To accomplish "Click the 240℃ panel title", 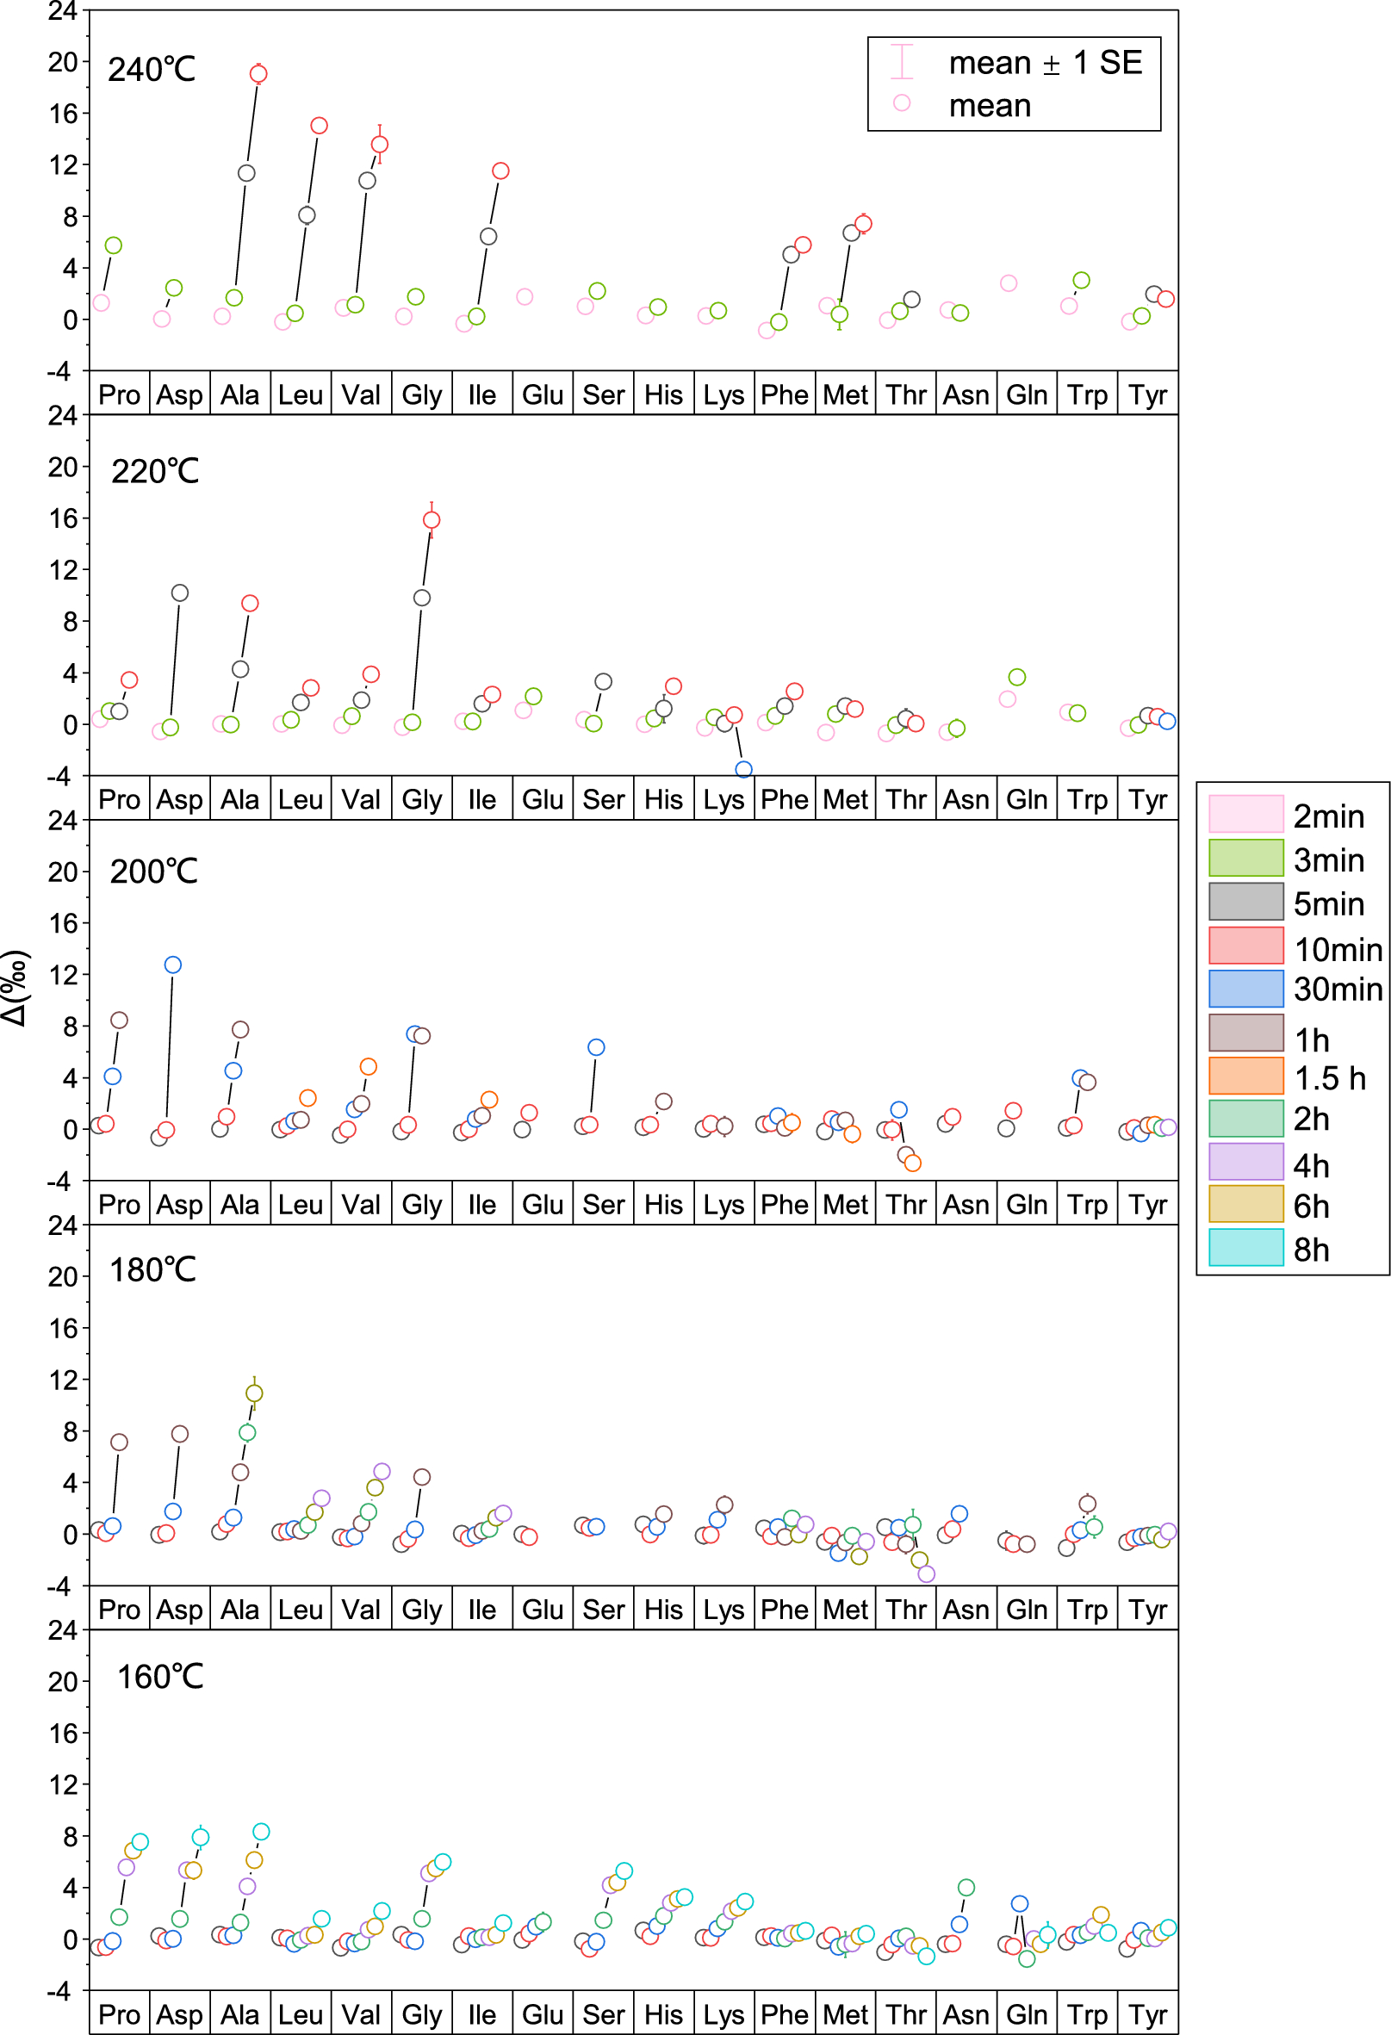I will coord(152,69).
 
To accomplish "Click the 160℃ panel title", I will coord(160,1677).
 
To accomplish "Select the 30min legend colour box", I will coord(1245,989).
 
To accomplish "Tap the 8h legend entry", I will coord(1310,1250).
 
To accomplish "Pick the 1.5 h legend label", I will coord(1330,1078).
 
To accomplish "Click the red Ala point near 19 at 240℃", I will coord(258,73).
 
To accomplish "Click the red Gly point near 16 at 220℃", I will coord(431,520).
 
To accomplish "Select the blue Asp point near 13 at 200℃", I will coord(172,965).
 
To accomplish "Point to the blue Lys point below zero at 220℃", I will coord(743,770).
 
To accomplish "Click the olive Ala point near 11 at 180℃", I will coord(254,1393).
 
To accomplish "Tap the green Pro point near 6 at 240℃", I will coord(113,246).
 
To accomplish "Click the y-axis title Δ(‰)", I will coord(16,987).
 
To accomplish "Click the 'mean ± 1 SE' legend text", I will coord(1045,63).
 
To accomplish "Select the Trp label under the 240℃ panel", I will coord(1086,395).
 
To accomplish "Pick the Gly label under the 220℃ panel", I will coord(421,799).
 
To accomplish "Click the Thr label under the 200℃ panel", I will coord(905,1205).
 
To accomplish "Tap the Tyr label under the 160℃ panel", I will coord(1146,2014).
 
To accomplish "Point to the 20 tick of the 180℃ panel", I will coord(63,1276).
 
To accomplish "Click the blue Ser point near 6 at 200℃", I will coord(596,1047).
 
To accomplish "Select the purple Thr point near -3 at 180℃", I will coord(926,1573).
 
